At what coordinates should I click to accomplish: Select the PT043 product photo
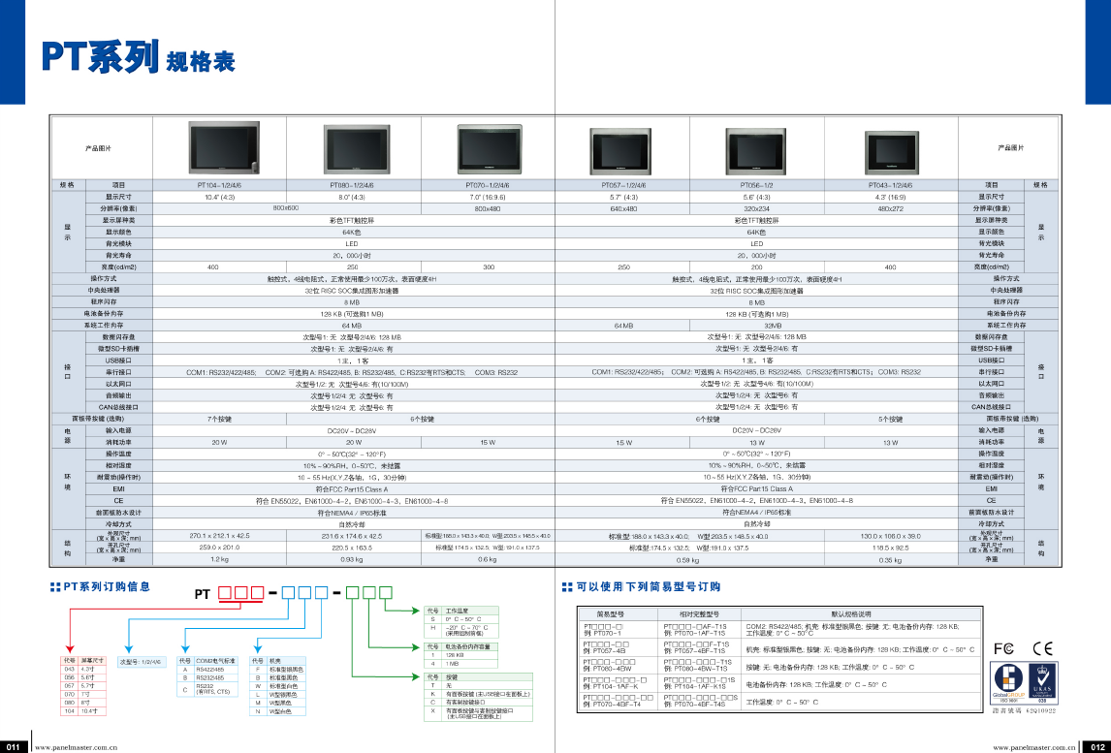(x=889, y=150)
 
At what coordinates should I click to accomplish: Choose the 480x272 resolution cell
(x=890, y=208)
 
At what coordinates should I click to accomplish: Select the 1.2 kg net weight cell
(x=219, y=559)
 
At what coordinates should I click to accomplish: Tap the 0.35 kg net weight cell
(x=890, y=559)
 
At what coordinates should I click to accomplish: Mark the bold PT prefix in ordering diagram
(x=203, y=593)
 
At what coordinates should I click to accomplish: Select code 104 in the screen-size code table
(x=69, y=710)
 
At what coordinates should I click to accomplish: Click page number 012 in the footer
(x=1096, y=747)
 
